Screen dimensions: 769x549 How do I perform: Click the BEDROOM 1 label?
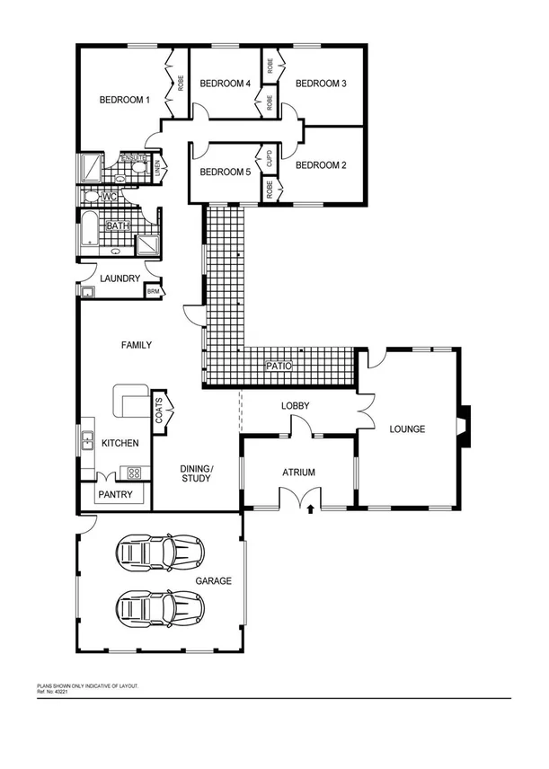coord(124,100)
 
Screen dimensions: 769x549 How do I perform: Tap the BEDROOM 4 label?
coord(225,84)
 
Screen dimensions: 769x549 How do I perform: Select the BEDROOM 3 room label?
coord(321,84)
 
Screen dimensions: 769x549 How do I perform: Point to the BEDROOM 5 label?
coord(225,172)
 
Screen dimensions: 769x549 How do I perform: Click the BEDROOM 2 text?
coord(321,165)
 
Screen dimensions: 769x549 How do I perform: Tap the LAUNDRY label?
coord(120,278)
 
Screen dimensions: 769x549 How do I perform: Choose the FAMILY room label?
coord(137,345)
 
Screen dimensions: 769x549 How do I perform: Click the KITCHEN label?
coord(119,444)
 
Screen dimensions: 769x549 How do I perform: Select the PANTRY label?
coord(116,495)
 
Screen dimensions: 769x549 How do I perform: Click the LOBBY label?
coord(295,406)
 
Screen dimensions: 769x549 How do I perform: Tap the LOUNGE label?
coord(406,429)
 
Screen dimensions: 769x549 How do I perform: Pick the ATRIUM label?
coord(297,472)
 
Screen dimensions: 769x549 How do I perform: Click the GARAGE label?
coord(214,581)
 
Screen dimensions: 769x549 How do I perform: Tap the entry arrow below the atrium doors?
coord(311,508)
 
